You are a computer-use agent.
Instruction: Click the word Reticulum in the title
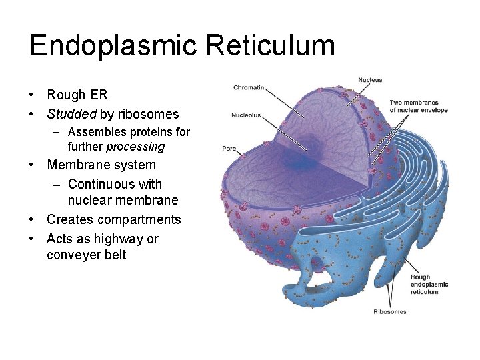point(270,46)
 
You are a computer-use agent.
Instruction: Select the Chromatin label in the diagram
point(249,87)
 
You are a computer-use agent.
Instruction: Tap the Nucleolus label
point(246,115)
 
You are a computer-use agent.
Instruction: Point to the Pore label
point(229,148)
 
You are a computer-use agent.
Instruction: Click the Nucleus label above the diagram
point(370,80)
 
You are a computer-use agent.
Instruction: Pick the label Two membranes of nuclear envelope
point(418,106)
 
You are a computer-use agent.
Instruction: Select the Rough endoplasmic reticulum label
point(429,285)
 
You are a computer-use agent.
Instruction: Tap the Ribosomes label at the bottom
point(389,311)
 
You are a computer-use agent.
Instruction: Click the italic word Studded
point(71,114)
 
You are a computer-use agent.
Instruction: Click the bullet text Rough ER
point(77,95)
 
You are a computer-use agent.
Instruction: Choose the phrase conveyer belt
point(86,255)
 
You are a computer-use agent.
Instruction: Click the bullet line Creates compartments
point(113,219)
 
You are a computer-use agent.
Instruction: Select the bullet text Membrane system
point(101,165)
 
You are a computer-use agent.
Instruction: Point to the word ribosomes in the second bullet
point(148,114)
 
